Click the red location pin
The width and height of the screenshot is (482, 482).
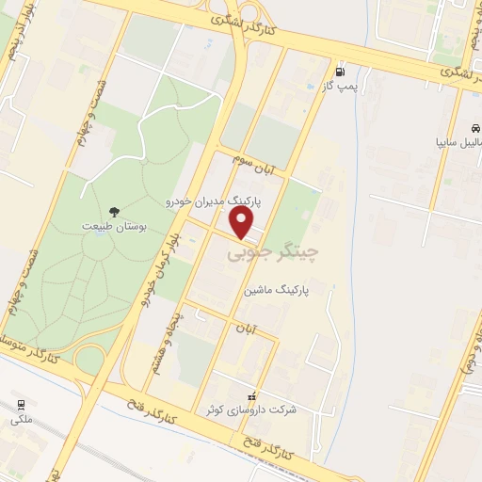point(243,223)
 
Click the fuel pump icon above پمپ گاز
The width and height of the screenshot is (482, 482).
point(338,71)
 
